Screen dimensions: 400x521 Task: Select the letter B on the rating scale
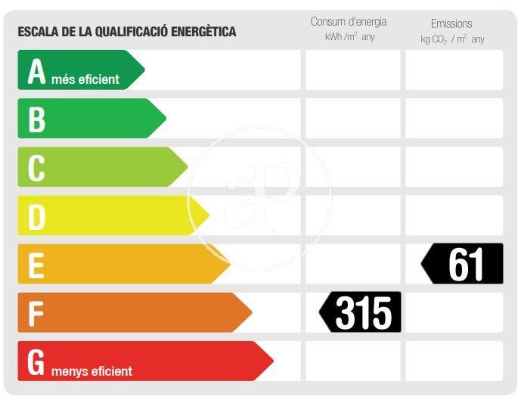(36, 119)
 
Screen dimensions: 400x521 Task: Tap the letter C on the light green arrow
(36, 168)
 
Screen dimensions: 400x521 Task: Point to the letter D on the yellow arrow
(36, 216)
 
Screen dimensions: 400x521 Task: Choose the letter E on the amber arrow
(36, 265)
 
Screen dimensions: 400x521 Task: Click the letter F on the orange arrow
(35, 313)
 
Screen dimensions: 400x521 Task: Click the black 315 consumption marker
(361, 312)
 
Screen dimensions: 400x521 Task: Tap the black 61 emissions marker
(463, 264)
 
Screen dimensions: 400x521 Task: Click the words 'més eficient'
(85, 79)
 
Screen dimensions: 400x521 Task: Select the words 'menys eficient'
(91, 371)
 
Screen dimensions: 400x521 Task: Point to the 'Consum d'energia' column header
(349, 22)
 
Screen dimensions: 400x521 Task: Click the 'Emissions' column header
(451, 24)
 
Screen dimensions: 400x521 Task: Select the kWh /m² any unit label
(349, 37)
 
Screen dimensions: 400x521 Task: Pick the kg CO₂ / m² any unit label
(452, 39)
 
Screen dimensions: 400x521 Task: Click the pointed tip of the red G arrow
(271, 361)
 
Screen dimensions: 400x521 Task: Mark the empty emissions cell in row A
(454, 70)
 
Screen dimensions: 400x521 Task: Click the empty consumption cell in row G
(352, 361)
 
